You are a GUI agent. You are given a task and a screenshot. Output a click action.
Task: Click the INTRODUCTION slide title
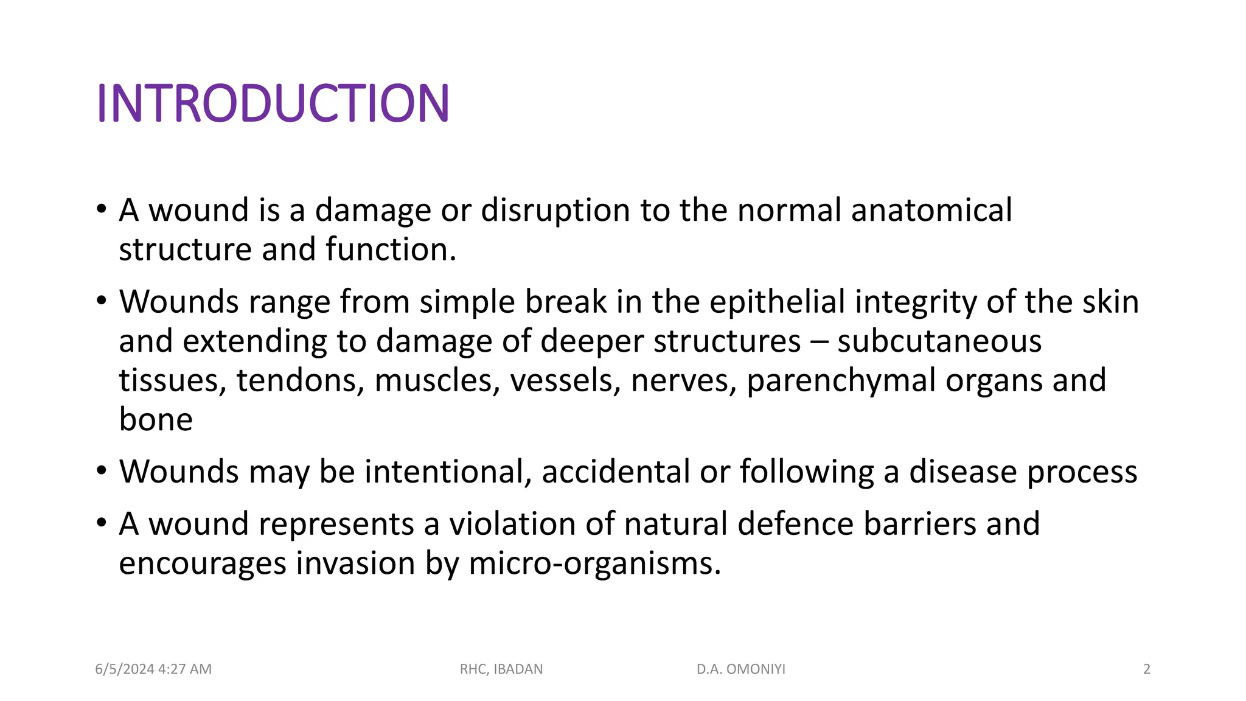click(x=273, y=103)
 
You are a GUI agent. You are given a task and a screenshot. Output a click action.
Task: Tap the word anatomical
click(x=931, y=211)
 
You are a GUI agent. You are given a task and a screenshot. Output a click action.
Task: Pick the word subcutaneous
click(x=939, y=341)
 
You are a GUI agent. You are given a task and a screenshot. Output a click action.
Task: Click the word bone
click(x=156, y=420)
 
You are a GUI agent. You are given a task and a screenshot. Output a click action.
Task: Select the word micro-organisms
click(x=594, y=563)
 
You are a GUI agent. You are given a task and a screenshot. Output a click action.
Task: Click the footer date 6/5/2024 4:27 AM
click(x=153, y=669)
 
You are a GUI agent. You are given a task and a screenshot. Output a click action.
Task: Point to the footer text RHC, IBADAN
click(x=501, y=669)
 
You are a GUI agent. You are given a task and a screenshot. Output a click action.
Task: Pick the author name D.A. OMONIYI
click(x=741, y=669)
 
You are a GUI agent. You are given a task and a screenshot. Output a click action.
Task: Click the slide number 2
click(x=1147, y=669)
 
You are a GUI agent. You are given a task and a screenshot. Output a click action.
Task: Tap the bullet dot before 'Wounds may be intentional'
click(x=102, y=471)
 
